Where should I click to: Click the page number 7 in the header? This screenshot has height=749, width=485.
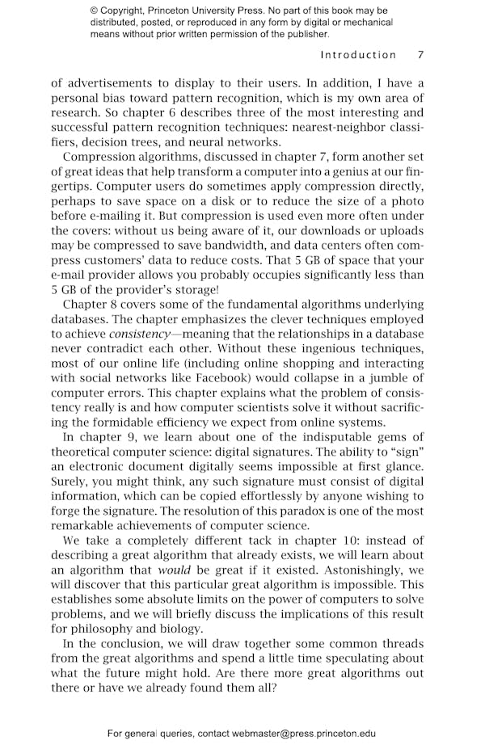pos(420,55)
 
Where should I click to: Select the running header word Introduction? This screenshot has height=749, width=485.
pos(358,55)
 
